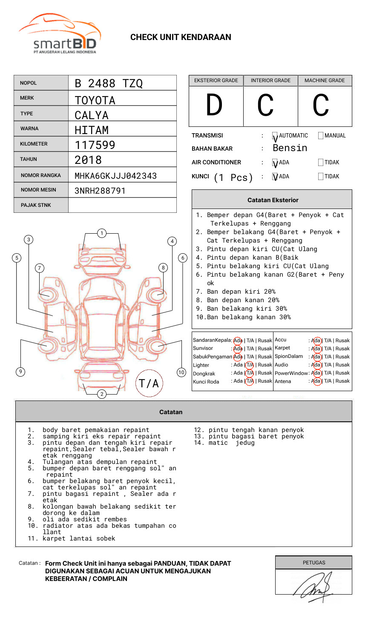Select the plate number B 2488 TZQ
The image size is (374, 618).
109,83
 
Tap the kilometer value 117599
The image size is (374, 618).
95,145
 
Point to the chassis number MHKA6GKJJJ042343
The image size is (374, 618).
115,176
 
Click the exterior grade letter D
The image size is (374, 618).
214,106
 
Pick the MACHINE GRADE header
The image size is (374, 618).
325,80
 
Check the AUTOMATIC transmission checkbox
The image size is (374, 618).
275,136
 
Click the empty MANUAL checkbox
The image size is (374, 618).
321,136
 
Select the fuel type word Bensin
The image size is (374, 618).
290,148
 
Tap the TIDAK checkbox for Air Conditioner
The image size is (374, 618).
321,163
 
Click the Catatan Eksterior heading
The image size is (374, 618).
273,200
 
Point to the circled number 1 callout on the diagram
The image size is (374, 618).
101,233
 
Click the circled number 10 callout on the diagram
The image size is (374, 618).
181,372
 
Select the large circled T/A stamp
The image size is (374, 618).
149,383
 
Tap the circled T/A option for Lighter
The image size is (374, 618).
250,365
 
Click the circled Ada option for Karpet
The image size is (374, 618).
316,349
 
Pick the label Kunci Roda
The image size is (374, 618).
206,382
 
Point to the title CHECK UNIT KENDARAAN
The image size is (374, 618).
181,37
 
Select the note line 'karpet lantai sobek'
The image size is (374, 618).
79,538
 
